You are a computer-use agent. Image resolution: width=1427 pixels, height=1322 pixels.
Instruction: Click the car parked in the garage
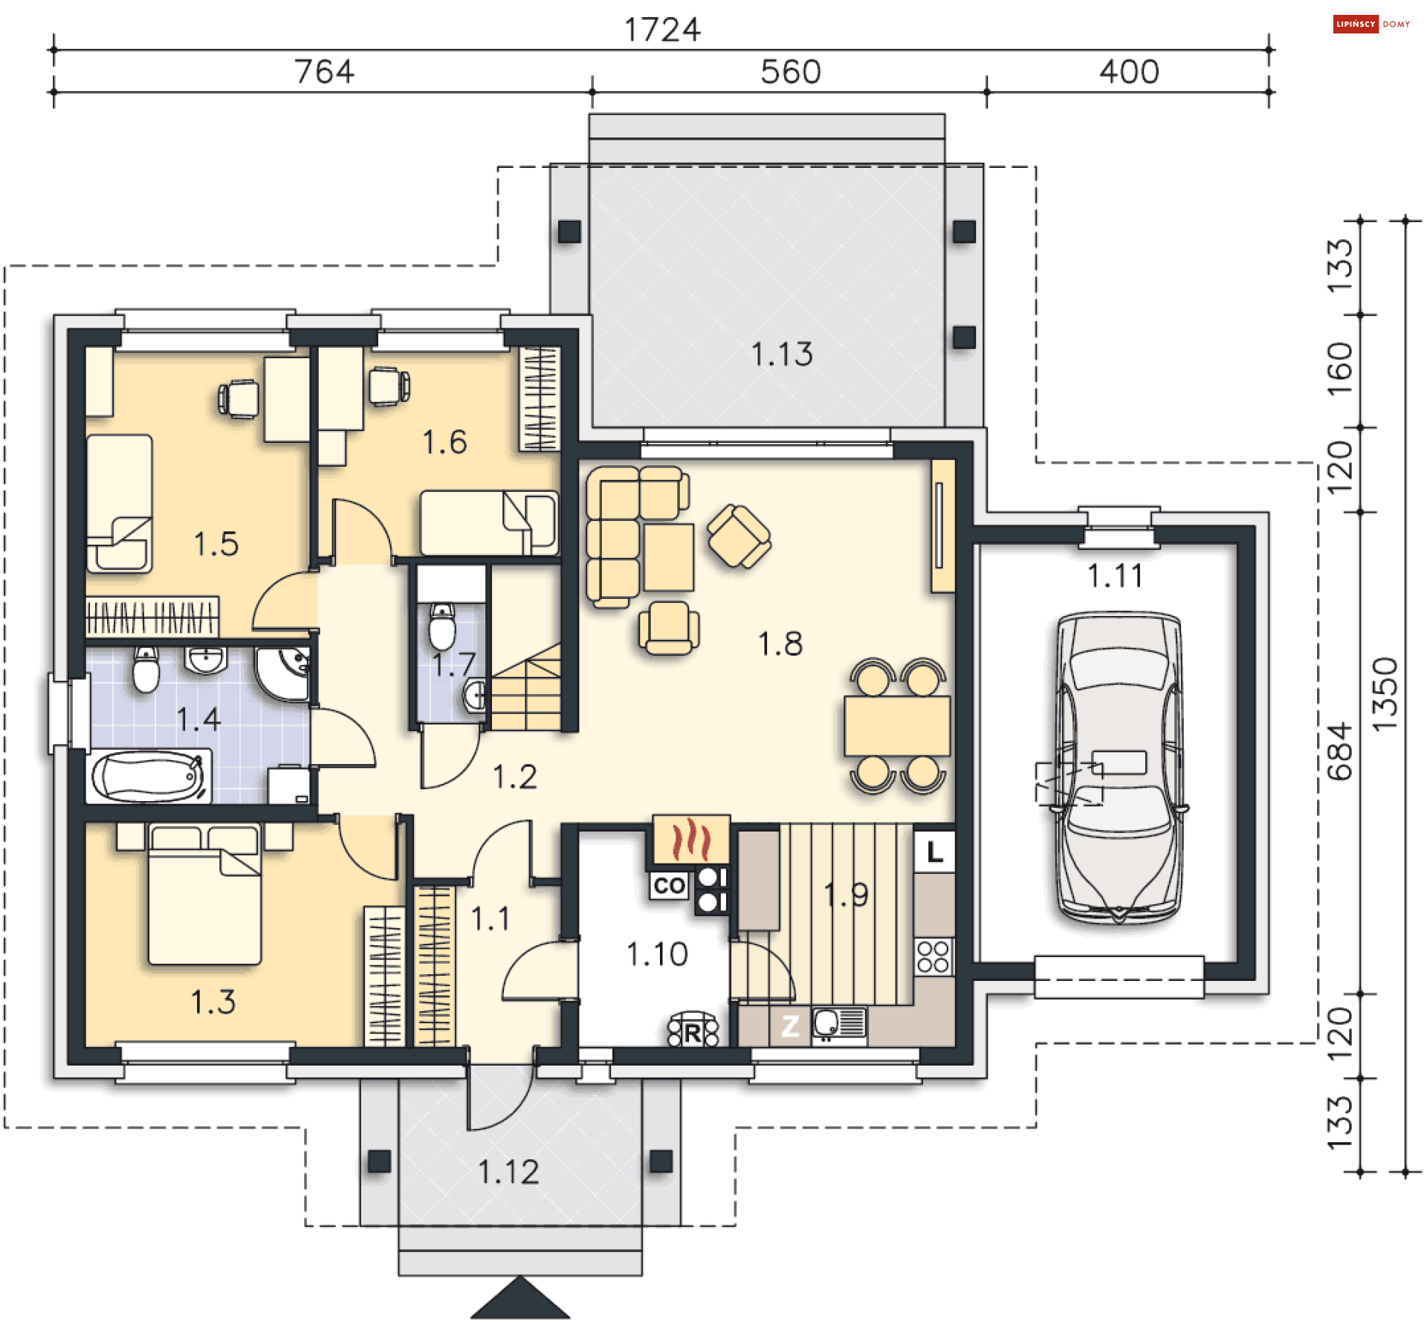[1119, 768]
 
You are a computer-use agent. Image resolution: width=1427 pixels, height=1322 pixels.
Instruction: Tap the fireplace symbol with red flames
[691, 838]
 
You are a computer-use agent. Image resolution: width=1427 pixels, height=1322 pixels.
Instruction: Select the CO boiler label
[669, 885]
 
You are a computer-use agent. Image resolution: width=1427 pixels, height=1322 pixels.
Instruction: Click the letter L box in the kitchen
[934, 852]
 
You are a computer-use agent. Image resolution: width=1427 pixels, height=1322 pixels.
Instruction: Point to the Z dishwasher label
[790, 1026]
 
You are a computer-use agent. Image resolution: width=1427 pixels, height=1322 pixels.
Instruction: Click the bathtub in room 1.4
[149, 777]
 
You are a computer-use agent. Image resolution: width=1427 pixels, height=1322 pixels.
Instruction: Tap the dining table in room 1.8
[897, 726]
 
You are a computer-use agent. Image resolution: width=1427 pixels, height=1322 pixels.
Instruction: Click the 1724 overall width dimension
[661, 30]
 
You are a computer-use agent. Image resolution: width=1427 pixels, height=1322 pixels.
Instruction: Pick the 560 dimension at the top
[790, 72]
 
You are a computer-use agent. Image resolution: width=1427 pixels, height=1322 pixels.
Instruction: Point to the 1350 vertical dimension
[1384, 695]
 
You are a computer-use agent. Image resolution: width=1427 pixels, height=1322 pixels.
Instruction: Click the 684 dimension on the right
[1340, 751]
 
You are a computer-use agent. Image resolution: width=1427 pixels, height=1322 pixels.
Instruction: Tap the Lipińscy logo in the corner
[1371, 24]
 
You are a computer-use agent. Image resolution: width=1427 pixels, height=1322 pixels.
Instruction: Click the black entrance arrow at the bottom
[520, 1299]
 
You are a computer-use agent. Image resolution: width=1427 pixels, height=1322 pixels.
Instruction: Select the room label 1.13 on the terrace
[782, 354]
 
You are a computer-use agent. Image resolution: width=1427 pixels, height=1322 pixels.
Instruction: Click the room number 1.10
[657, 954]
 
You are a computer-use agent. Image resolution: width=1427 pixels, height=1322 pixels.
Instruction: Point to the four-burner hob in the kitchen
[933, 956]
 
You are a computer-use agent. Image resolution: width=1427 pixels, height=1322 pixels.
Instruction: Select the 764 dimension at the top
[324, 72]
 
